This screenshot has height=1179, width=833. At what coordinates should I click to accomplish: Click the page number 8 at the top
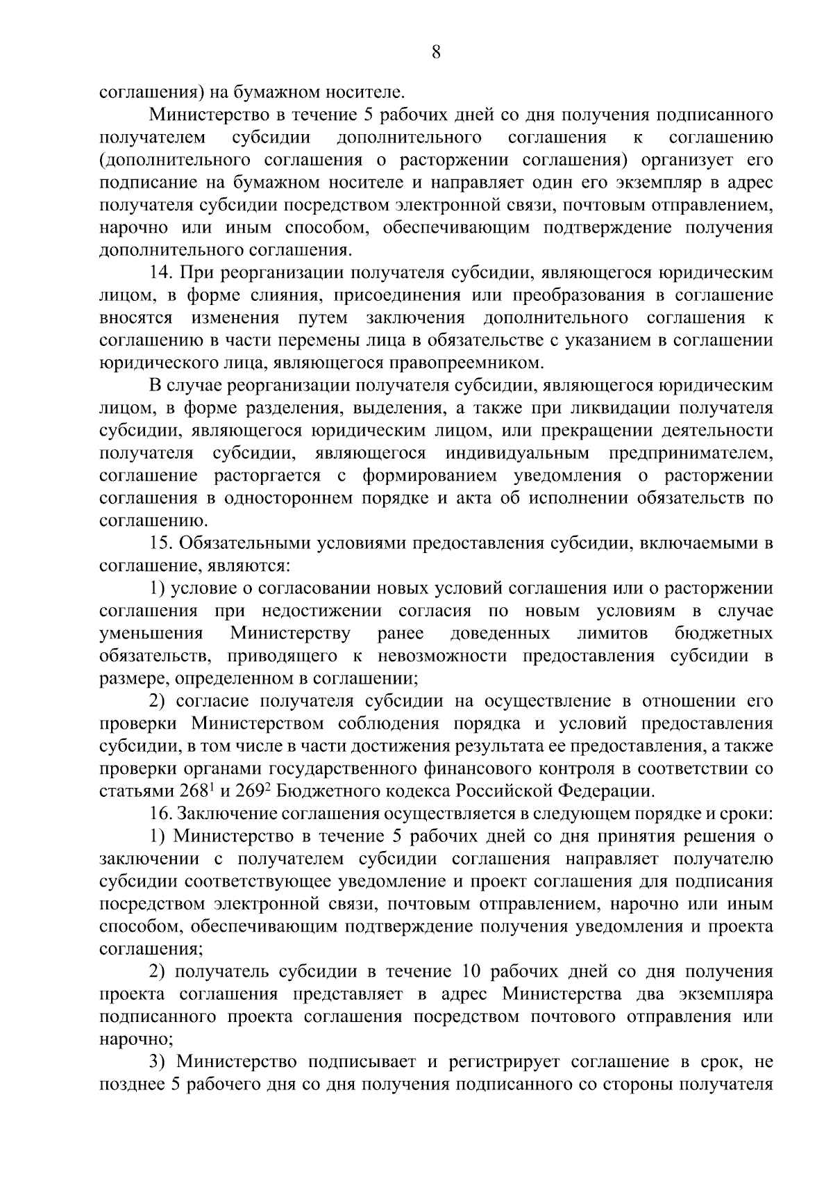click(x=435, y=53)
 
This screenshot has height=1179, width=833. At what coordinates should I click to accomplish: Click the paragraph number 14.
click(x=160, y=273)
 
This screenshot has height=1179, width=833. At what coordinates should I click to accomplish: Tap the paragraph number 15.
click(x=160, y=543)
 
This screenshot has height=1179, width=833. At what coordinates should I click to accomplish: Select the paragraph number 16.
click(x=160, y=814)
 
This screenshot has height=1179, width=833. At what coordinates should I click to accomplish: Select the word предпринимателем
click(x=690, y=454)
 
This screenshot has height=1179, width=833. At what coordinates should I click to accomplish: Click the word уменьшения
click(x=151, y=634)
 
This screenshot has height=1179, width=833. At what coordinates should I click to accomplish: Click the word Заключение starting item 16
click(x=225, y=814)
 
